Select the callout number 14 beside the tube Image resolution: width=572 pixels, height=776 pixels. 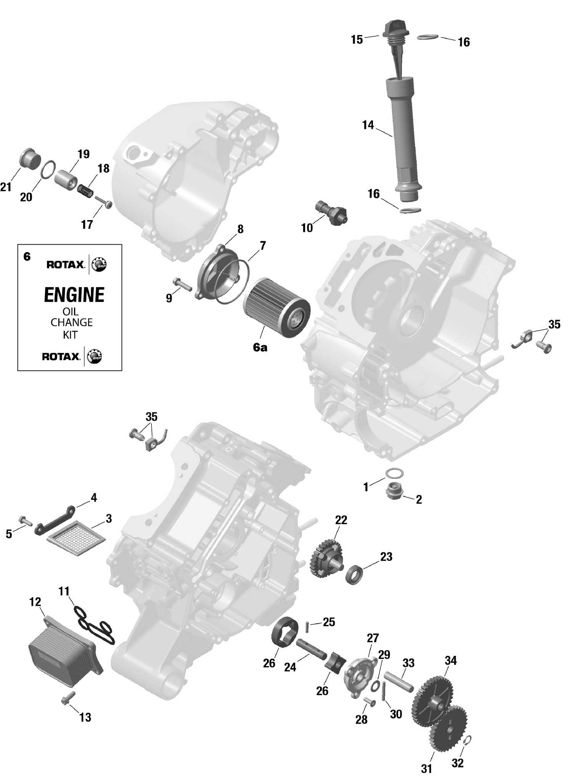[x=368, y=125]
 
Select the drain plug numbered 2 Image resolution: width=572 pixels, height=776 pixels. [x=393, y=491]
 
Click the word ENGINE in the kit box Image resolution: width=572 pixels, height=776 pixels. [x=74, y=295]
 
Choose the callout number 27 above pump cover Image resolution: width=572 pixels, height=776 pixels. [x=373, y=638]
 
